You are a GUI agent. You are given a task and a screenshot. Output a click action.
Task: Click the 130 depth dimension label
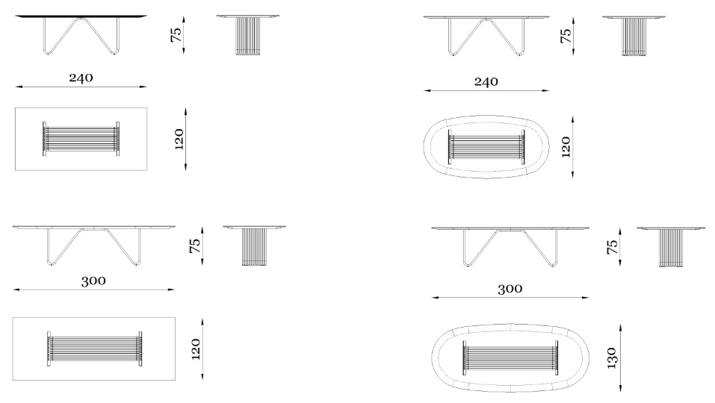click(x=611, y=357)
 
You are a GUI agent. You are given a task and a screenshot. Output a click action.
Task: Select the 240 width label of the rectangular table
click(x=81, y=78)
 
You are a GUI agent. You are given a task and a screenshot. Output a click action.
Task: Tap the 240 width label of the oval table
click(x=486, y=82)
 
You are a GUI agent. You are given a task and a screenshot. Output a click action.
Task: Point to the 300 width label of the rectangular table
click(x=93, y=281)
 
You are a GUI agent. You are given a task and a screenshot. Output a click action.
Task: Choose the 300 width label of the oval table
click(x=510, y=289)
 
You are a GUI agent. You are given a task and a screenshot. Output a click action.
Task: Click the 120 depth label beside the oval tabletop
click(x=566, y=147)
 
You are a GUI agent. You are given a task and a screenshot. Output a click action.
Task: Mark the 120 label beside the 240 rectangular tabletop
click(x=179, y=140)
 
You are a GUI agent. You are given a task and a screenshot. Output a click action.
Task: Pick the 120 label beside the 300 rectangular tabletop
click(x=196, y=349)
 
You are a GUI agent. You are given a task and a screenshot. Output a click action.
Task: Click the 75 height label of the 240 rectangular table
click(x=176, y=34)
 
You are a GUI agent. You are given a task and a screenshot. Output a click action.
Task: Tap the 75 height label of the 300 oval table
click(x=613, y=247)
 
